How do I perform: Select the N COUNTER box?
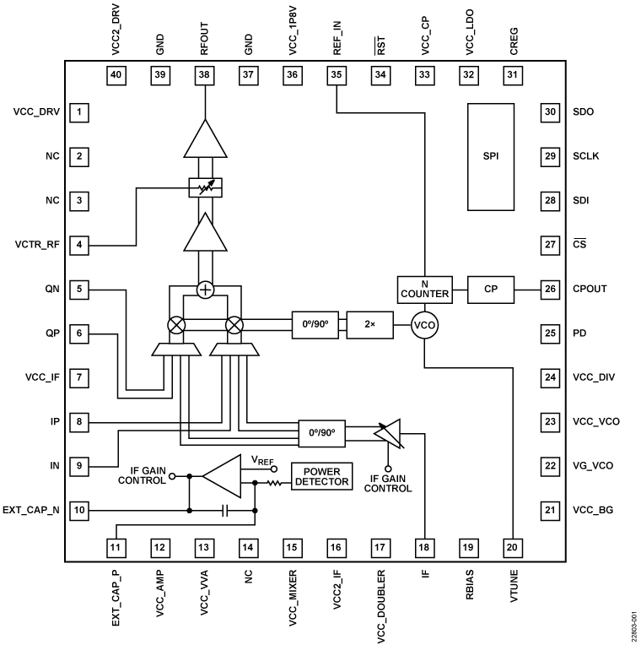424,290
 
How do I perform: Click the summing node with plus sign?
204,290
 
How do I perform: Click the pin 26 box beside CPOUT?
550,289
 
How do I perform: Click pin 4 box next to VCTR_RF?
79,245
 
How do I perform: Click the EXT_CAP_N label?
31,511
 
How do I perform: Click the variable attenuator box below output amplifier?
204,187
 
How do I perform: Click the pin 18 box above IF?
424,547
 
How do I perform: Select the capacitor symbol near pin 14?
224,511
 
